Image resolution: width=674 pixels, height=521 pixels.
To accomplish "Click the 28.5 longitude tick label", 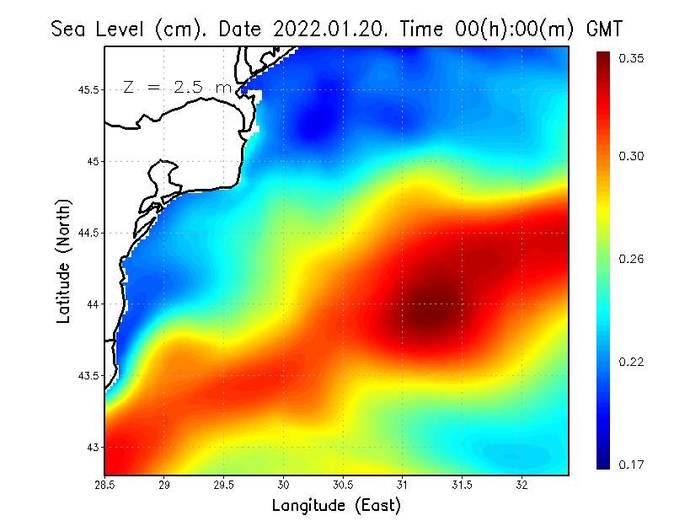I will point(105,485).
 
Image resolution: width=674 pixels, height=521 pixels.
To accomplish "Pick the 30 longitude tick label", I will point(284,485).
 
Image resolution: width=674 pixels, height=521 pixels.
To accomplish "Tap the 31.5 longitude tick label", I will point(462,485).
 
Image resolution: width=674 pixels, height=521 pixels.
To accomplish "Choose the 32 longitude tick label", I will point(522,485).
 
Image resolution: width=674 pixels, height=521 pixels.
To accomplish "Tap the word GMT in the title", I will point(603,29).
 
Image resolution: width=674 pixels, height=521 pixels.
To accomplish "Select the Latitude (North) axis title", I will point(64,260).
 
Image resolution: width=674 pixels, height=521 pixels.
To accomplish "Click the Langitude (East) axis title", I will point(336,506).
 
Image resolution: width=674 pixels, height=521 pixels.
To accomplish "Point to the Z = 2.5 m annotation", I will point(176,88).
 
